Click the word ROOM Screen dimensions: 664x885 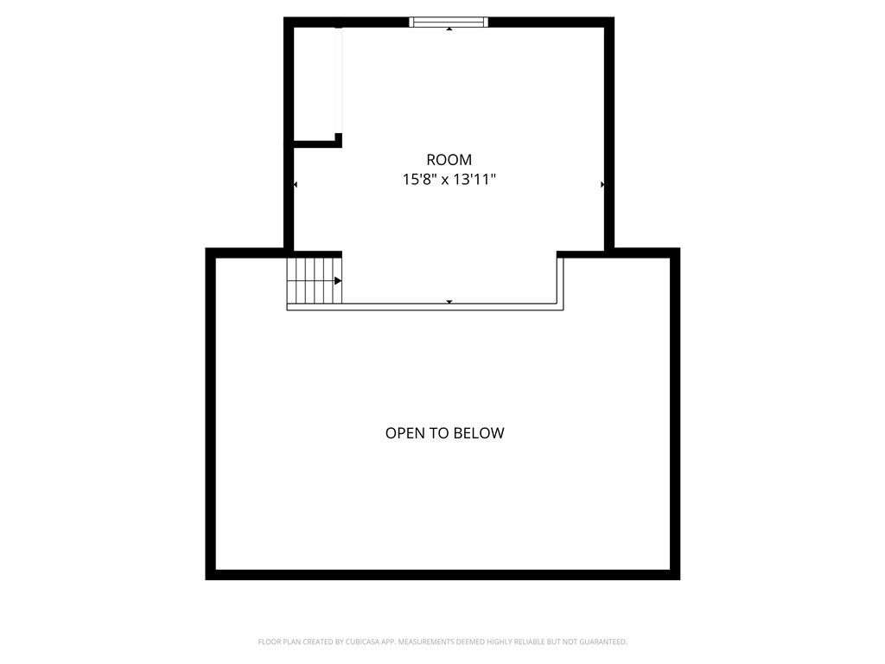coord(449,160)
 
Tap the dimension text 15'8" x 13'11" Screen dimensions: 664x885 coord(449,180)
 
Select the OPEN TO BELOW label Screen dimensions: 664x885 coord(444,433)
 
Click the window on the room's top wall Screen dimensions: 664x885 coord(449,22)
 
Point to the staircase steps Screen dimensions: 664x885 coord(313,280)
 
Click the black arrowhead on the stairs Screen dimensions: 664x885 coord(338,281)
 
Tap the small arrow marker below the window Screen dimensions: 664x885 coord(449,30)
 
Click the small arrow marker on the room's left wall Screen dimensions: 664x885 coord(296,185)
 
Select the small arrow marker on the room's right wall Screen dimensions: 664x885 coord(602,185)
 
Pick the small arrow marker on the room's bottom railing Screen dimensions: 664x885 coord(449,301)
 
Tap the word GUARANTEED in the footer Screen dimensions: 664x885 coord(601,642)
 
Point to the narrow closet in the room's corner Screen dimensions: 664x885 coord(315,83)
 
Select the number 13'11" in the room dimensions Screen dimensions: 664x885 coord(474,180)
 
